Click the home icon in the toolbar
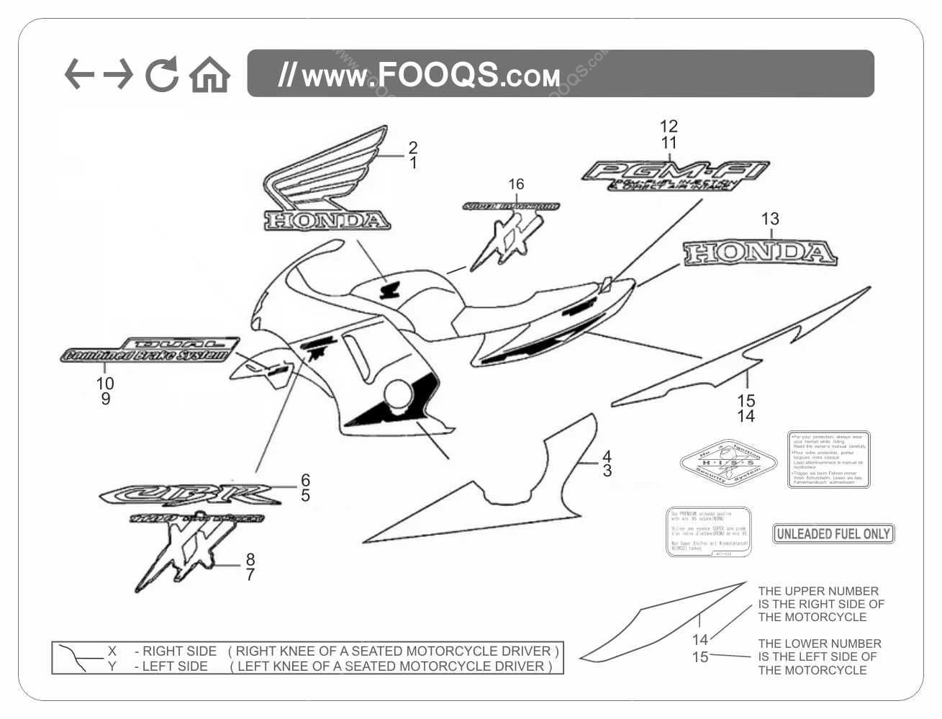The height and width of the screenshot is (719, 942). point(209,75)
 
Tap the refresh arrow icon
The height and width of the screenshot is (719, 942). point(162,75)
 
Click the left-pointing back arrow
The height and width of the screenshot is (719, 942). point(78,74)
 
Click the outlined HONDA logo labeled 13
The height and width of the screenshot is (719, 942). point(759,253)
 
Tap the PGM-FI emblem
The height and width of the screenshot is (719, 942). point(674,175)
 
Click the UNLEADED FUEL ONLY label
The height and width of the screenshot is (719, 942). point(833,534)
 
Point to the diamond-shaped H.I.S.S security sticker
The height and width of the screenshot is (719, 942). point(728,463)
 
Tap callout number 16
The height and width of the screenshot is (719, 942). point(516,184)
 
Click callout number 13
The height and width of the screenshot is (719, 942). point(770,219)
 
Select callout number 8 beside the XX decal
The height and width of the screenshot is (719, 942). point(250,559)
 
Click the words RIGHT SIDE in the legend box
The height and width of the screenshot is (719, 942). point(179,651)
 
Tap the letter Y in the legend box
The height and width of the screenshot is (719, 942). point(112,666)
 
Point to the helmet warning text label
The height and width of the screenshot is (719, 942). point(828,459)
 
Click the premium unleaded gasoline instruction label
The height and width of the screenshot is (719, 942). point(708,531)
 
